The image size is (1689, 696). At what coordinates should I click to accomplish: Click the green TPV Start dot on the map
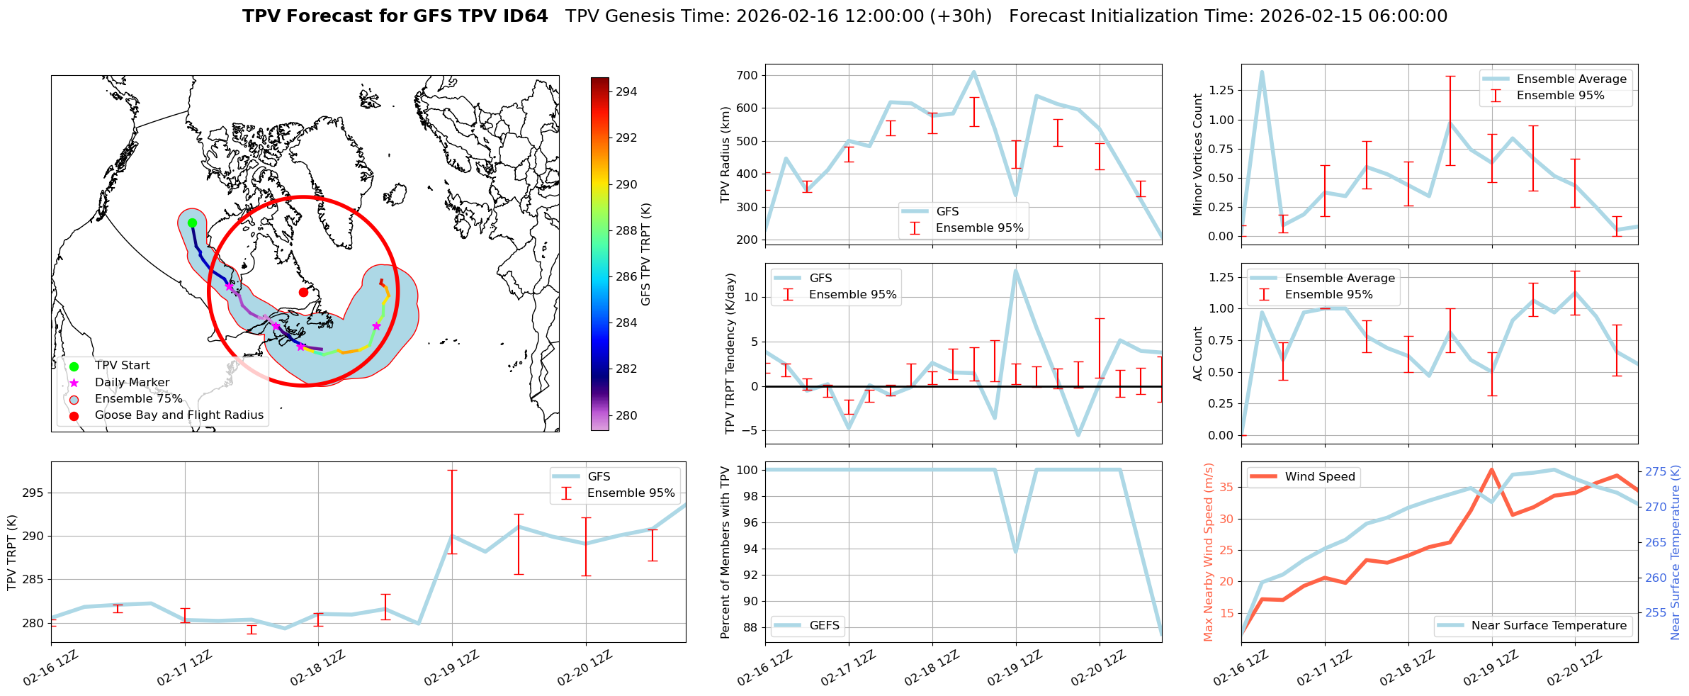(x=192, y=223)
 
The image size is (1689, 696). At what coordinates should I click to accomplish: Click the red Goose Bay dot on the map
(x=303, y=292)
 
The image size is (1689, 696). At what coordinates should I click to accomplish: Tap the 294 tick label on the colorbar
(x=626, y=91)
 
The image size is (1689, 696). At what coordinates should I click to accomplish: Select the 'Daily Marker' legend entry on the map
(x=132, y=382)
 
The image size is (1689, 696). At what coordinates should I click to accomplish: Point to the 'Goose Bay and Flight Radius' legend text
(x=179, y=415)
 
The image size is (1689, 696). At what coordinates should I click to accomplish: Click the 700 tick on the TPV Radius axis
(x=749, y=75)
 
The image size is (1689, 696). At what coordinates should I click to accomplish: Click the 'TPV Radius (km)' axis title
(x=725, y=155)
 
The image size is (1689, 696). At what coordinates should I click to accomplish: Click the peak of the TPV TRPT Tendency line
(x=1016, y=270)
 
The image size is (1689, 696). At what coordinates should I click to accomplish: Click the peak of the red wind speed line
(x=1491, y=469)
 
